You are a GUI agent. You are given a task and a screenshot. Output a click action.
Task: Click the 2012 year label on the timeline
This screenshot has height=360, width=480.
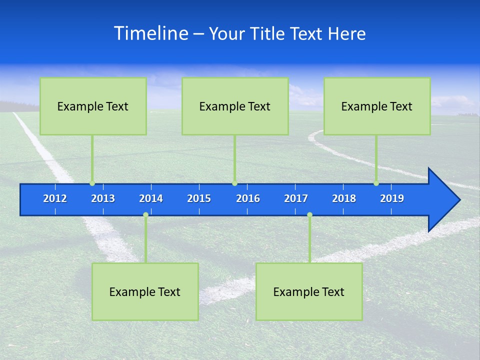point(55,198)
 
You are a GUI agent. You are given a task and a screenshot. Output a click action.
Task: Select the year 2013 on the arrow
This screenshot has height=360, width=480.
point(103,198)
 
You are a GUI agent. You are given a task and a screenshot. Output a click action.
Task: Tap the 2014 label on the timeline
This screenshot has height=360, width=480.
point(151,198)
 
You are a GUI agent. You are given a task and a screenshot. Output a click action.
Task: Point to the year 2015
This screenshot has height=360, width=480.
point(199,198)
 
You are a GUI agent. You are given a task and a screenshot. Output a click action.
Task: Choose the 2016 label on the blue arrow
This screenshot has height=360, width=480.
point(248,198)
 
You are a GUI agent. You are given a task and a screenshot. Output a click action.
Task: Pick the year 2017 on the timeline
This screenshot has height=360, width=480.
point(296,198)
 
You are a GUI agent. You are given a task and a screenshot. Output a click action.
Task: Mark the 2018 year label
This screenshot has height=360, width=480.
point(344,198)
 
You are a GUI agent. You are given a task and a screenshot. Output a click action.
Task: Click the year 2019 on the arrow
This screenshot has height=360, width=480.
point(392,198)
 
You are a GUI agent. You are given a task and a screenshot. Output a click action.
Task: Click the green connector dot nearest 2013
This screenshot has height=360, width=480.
point(92,183)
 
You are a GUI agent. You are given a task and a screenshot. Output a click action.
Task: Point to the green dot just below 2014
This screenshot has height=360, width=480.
point(145,215)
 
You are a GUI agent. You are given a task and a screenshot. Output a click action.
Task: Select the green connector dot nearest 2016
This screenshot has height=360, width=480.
point(234,183)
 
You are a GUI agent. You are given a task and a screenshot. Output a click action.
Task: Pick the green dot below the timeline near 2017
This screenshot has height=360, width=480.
point(309,215)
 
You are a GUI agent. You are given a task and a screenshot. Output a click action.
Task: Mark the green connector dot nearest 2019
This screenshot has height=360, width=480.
point(376,183)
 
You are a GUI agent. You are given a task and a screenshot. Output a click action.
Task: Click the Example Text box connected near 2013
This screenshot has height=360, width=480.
point(93,106)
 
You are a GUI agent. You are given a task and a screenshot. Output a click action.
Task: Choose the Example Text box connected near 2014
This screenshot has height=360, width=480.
point(145,291)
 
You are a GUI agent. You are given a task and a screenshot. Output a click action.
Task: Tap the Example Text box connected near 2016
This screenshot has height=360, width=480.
point(235,106)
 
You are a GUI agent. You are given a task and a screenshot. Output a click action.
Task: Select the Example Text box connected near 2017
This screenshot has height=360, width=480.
point(309,291)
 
